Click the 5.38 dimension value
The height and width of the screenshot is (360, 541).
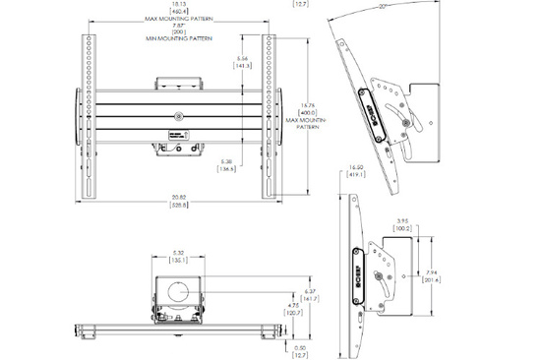coord(225,160)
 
